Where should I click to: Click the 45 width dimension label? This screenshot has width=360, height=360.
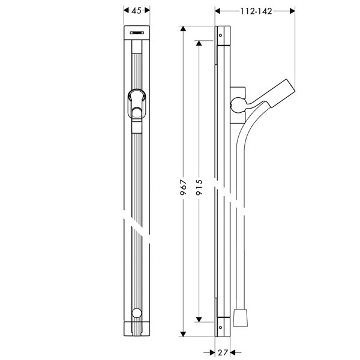tap(137, 10)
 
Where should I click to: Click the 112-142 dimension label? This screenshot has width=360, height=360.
tap(256, 11)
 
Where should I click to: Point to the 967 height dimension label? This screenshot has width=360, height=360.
tap(183, 187)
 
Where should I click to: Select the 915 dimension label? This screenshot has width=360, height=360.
tap(199, 187)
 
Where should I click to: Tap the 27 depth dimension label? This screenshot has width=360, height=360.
tap(223, 352)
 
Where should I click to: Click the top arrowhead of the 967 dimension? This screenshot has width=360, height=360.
tap(183, 29)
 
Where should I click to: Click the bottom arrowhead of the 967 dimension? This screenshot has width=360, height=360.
tap(183, 334)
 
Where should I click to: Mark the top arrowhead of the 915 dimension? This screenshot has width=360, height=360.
tap(199, 43)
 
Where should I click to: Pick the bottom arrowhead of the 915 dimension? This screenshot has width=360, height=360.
tap(199, 319)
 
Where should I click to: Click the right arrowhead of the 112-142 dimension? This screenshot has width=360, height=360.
tap(292, 11)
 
